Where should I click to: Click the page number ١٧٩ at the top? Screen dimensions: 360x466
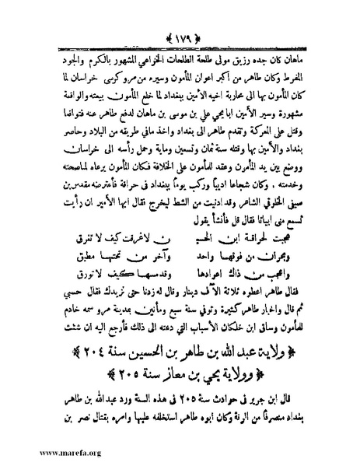coord(180,16)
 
